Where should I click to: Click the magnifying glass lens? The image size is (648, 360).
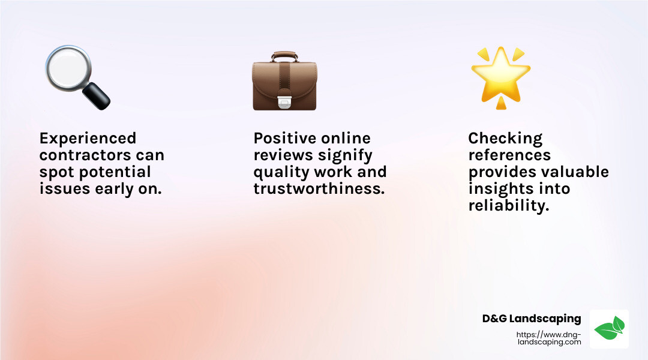point(68,67)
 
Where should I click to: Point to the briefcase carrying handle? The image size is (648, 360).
point(284,56)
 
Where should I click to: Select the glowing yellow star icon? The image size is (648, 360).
point(501,77)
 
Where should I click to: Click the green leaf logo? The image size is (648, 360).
point(609,329)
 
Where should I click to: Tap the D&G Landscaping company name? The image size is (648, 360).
point(532,319)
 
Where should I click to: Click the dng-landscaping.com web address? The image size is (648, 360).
point(549,338)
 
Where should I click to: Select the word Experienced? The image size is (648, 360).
point(88,139)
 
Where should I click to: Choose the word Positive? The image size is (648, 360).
point(286,138)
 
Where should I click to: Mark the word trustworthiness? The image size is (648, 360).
point(319,189)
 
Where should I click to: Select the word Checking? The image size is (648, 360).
point(505,139)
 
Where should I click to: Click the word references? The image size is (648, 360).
point(509,155)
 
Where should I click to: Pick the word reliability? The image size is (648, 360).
point(509,206)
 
